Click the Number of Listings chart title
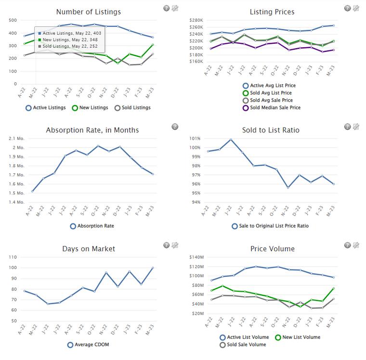(89, 12)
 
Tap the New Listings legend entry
(91, 108)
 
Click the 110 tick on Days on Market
(13, 257)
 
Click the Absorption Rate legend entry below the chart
(92, 226)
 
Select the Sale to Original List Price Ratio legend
(270, 226)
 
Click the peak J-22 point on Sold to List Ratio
(231, 140)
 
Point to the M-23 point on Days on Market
(153, 268)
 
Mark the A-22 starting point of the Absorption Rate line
(32, 191)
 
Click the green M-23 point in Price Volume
(334, 288)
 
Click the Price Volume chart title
(273, 249)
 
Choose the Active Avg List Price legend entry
(273, 85)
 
